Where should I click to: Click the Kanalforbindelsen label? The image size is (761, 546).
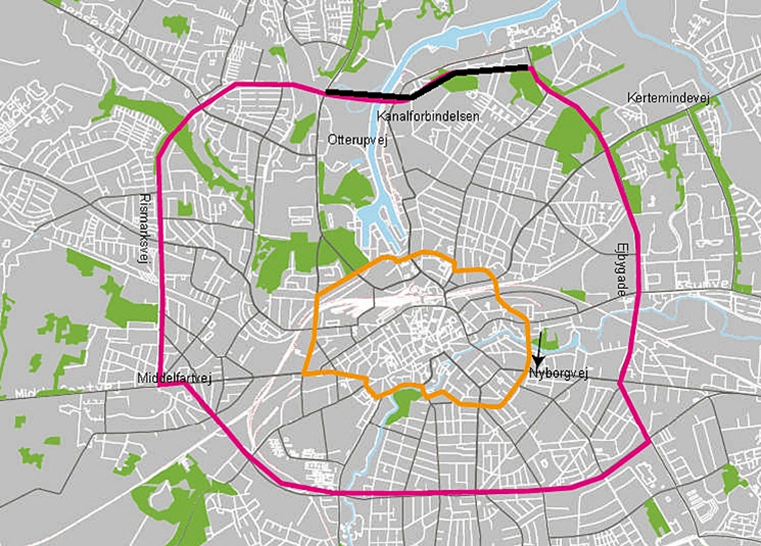(428, 117)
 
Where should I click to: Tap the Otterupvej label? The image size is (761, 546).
(357, 140)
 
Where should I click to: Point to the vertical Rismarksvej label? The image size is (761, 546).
(145, 228)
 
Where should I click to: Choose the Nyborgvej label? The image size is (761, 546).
(558, 373)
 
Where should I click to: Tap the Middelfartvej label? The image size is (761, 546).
(174, 379)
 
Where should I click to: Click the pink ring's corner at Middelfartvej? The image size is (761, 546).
(159, 386)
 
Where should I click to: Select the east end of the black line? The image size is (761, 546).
(528, 68)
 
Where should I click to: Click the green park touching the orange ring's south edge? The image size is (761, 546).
(403, 403)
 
